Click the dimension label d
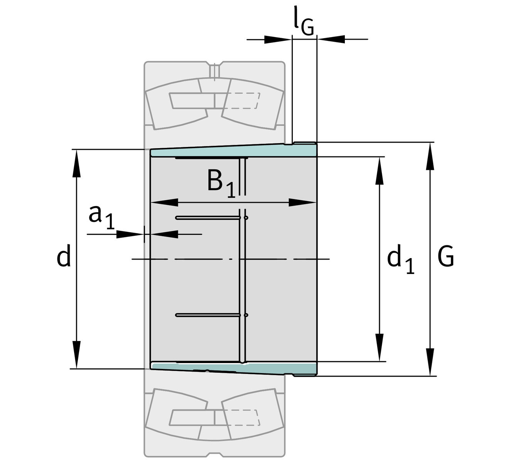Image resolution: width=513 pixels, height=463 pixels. pyautogui.click(x=64, y=256)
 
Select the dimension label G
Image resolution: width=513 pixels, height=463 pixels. pyautogui.click(x=446, y=256)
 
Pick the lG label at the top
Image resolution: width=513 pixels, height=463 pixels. pyautogui.click(x=303, y=24)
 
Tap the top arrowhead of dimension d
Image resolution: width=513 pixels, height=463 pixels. pyautogui.click(x=77, y=162)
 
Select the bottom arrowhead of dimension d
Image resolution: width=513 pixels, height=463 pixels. pyautogui.click(x=77, y=356)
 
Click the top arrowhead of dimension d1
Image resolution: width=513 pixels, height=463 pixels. pyautogui.click(x=380, y=170)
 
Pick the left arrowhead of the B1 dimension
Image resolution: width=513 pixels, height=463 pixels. pyautogui.click(x=164, y=202)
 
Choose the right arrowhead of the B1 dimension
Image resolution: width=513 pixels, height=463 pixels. pyautogui.click(x=303, y=202)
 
